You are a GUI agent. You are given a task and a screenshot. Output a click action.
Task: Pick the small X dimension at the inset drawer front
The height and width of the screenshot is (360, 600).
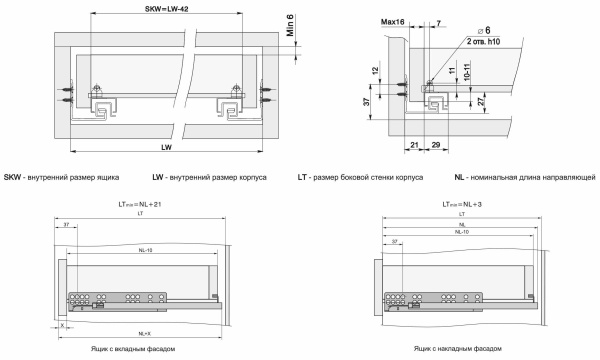tap(62, 325)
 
